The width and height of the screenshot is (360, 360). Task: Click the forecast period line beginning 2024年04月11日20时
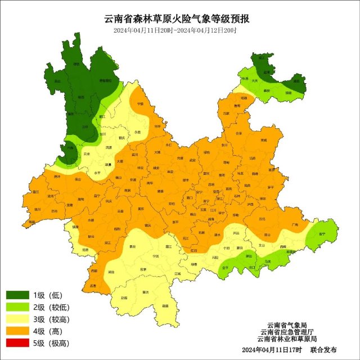coord(175,30)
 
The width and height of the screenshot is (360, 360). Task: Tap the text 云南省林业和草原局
coord(287,339)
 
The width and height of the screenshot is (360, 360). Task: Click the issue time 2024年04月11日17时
coord(272,350)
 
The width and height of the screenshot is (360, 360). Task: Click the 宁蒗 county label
coord(141,104)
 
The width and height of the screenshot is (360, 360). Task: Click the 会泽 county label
coord(238,133)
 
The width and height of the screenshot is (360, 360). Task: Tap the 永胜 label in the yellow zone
coord(138,132)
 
